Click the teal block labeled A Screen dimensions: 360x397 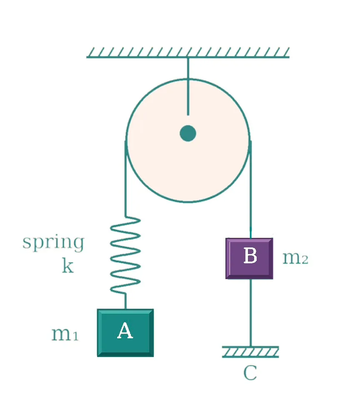coord(125,333)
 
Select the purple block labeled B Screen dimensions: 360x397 coord(249,258)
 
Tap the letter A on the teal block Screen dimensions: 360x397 coord(125,330)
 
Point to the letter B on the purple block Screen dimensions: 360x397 coord(250,255)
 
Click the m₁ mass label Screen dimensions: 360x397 coord(65,334)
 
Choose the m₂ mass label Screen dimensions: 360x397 coord(295,258)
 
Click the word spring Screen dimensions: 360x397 coord(53,243)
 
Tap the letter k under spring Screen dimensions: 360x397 coord(68,266)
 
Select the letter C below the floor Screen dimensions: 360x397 coord(250,373)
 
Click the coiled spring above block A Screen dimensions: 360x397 coord(125,255)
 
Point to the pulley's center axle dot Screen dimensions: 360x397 coord(188,133)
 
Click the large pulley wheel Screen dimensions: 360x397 coord(188,140)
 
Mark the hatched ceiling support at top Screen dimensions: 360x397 coord(188,52)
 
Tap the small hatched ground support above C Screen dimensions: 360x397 coord(250,352)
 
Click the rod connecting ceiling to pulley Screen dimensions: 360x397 coord(188,87)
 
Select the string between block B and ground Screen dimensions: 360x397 coord(251,313)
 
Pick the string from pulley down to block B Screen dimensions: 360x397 coord(250,190)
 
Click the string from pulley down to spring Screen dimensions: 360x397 coord(125,178)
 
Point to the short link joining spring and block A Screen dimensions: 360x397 coord(125,301)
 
